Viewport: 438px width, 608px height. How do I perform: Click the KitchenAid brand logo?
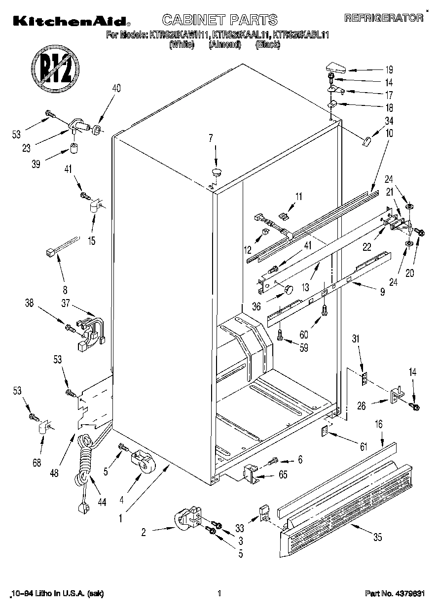point(71,20)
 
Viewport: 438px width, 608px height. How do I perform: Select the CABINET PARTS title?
point(219,20)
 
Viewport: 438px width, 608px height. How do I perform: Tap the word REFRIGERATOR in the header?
point(384,18)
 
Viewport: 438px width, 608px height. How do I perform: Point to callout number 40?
point(116,89)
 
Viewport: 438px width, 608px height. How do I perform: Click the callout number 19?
point(389,69)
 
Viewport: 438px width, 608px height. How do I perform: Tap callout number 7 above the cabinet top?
point(211,138)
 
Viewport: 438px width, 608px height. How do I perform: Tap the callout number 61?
point(364,447)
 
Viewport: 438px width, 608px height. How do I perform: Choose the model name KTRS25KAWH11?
point(180,35)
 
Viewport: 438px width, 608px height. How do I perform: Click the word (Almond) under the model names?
point(224,45)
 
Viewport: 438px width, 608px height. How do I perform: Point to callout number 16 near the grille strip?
point(378,423)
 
